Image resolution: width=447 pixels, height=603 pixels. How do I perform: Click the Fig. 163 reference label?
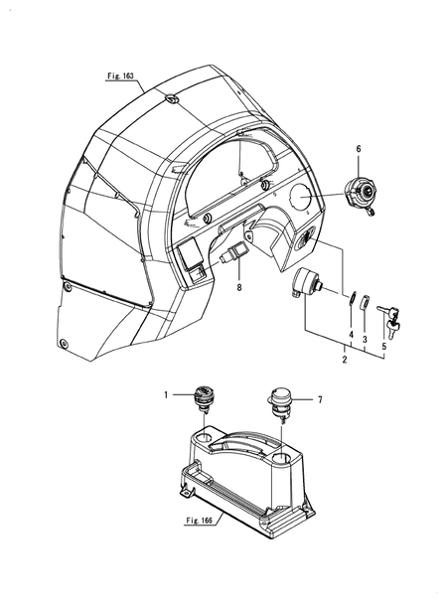(121, 75)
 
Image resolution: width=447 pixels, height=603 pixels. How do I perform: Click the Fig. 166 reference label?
(199, 521)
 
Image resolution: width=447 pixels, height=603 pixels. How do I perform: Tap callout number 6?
(359, 149)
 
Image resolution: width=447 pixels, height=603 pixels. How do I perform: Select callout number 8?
(239, 287)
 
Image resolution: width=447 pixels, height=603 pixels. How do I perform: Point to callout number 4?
(351, 335)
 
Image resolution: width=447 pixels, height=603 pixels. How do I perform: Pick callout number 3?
(365, 340)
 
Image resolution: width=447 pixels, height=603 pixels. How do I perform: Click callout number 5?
(383, 346)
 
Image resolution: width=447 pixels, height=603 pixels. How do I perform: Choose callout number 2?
(345, 360)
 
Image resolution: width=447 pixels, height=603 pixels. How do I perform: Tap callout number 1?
(166, 395)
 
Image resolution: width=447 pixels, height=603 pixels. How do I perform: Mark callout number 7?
(320, 400)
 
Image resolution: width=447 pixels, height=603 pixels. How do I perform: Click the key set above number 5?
(389, 319)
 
